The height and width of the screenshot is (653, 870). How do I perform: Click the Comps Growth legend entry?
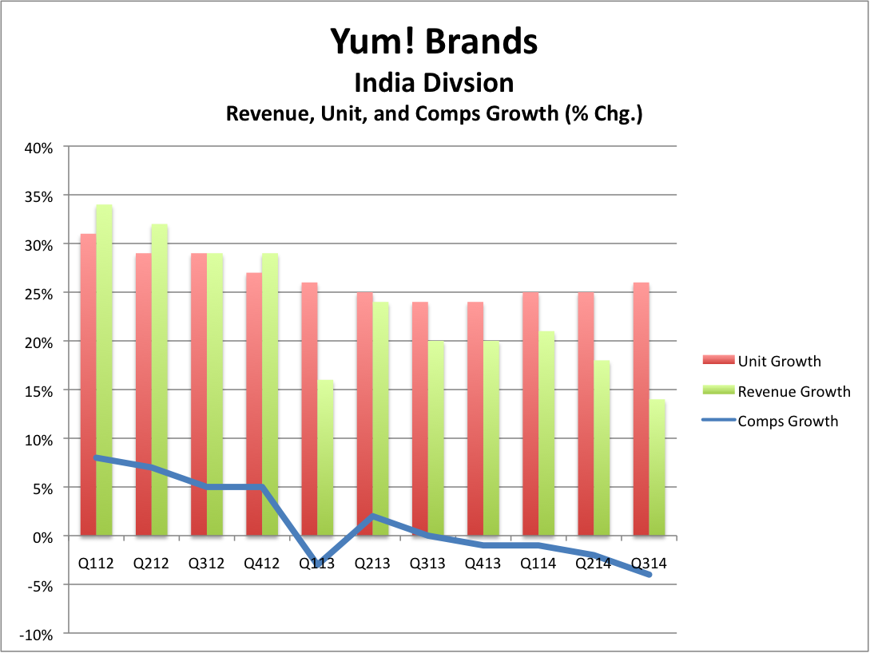click(788, 421)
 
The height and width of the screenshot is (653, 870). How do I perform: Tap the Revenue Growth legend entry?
click(794, 391)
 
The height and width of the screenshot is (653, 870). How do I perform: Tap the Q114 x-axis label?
click(538, 564)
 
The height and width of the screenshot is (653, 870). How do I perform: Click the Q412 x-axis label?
click(261, 564)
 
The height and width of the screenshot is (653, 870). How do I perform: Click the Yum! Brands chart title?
click(434, 42)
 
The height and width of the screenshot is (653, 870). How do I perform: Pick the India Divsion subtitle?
click(434, 82)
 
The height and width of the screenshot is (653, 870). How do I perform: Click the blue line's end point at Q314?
click(649, 575)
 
